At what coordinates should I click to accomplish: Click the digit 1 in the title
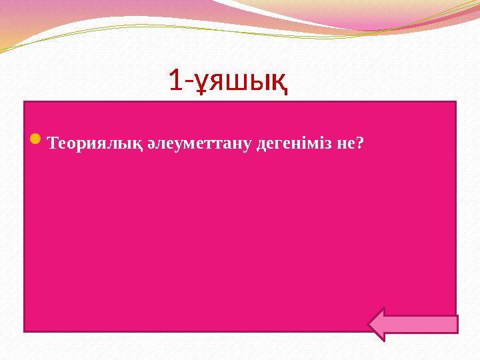pyautogui.click(x=175, y=80)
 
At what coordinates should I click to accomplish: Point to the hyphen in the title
pyautogui.click(x=187, y=83)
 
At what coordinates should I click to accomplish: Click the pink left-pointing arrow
pyautogui.click(x=413, y=324)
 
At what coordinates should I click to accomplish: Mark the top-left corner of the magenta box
pyautogui.click(x=25, y=102)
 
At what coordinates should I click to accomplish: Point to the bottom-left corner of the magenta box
pyautogui.click(x=25, y=331)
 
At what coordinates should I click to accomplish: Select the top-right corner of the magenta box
pyautogui.click(x=456, y=102)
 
